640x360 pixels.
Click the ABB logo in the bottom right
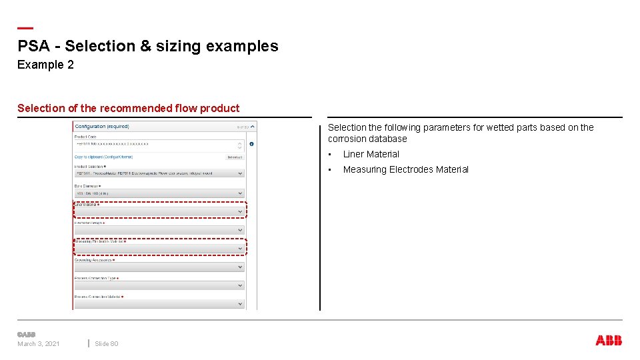(609, 341)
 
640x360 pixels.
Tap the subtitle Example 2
(45, 65)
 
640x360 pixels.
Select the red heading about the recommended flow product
(128, 108)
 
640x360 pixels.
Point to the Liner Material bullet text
(371, 154)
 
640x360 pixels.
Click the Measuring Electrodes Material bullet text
(405, 169)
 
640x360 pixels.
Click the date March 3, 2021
(38, 344)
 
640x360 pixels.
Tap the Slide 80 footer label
(106, 344)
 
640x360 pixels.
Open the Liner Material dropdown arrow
(241, 212)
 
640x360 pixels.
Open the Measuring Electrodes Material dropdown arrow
(241, 249)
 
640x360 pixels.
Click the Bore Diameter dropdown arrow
(241, 193)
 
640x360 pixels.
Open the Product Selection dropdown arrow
(241, 173)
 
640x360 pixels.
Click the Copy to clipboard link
(103, 157)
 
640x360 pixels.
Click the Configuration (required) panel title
(102, 126)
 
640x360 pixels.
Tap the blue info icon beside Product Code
(251, 144)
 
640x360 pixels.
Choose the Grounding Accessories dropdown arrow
(241, 267)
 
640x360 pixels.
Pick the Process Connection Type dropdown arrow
(241, 285)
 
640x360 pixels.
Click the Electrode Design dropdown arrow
(241, 230)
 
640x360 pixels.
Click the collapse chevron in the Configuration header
(253, 126)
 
